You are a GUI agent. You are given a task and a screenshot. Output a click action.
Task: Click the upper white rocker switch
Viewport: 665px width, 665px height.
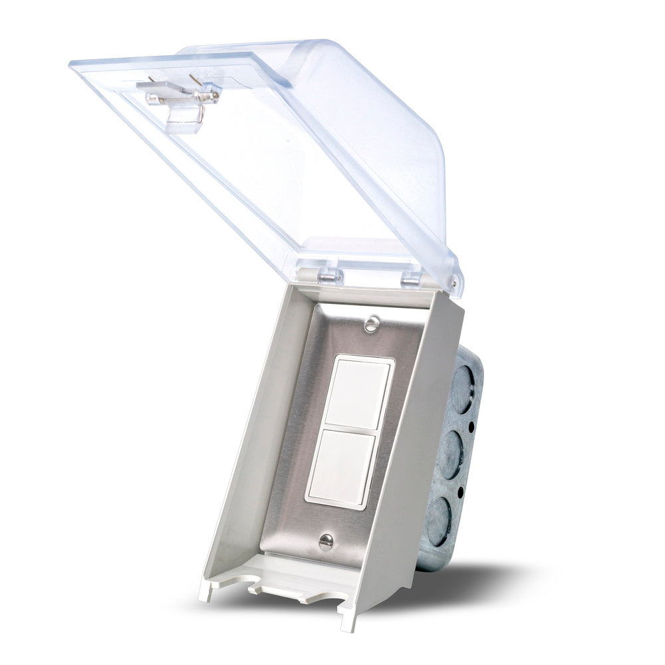tap(357, 393)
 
